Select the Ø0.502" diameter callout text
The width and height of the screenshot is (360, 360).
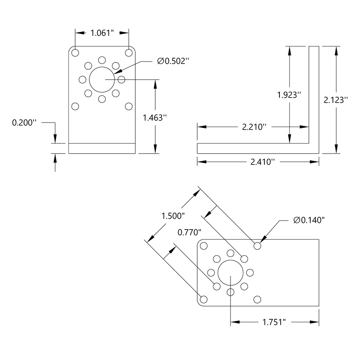pos(173,61)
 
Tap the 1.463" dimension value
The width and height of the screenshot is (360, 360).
pos(154,118)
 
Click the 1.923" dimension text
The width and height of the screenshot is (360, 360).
pos(289,95)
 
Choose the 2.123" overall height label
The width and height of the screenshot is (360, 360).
pos(336,100)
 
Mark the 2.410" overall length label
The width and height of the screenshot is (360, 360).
pos(259,162)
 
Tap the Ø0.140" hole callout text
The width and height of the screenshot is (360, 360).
pos(309,220)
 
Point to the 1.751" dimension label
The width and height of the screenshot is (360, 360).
pos(275,322)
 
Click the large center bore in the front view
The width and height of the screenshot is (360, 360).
pos(102,79)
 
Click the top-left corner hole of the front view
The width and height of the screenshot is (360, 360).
pos(75,53)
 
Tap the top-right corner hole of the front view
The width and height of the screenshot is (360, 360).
pos(129,53)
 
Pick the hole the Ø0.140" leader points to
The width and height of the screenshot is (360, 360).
pos(257,246)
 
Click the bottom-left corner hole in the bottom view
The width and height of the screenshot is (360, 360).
pos(203,299)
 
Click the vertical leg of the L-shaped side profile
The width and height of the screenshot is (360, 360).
pos(314,96)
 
